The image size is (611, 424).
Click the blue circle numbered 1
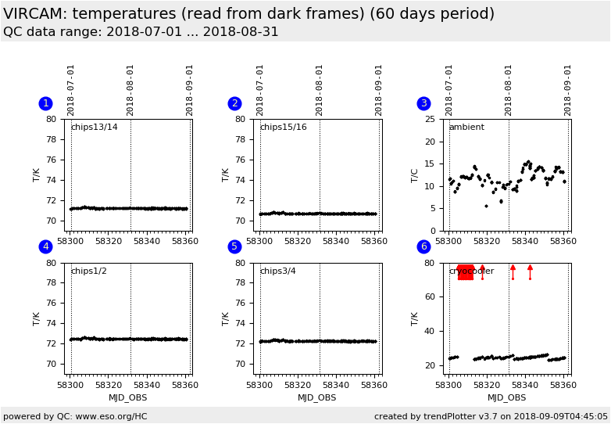[x=45, y=103]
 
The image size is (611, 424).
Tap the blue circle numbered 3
[x=423, y=103]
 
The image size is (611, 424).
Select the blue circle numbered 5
[x=234, y=246]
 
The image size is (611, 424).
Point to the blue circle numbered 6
[x=423, y=246]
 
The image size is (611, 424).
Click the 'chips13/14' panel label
[x=94, y=128]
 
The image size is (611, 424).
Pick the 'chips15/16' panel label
[x=283, y=128]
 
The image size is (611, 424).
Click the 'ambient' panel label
[x=466, y=128]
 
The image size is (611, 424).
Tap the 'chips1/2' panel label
[x=89, y=271]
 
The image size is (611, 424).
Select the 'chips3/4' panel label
[x=278, y=271]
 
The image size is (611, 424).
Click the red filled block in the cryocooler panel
[x=465, y=271]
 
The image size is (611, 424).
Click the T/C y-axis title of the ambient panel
[x=416, y=175]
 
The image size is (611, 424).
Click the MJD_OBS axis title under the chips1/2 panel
[x=128, y=397]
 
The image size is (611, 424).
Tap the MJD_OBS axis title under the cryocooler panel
[x=506, y=397]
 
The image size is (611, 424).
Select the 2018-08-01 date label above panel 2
[x=320, y=89]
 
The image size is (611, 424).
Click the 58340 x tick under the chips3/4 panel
[x=336, y=384]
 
